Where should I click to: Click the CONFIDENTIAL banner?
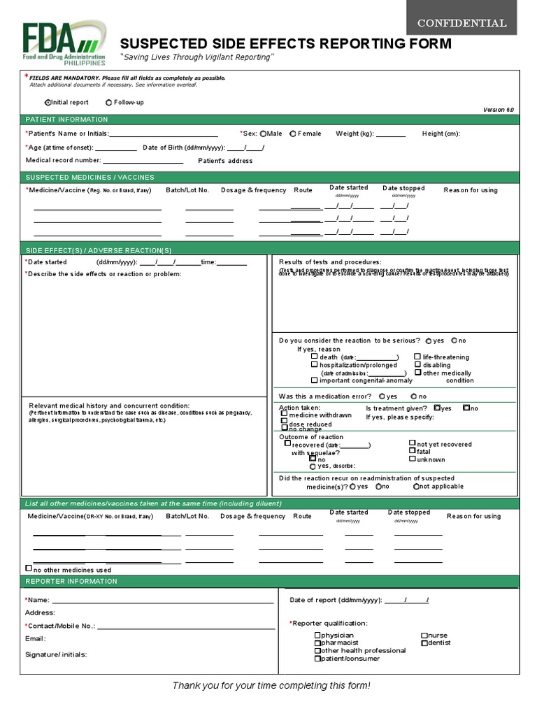tap(461, 23)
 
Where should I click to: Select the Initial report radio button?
tap(48, 103)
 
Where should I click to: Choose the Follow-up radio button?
tap(108, 103)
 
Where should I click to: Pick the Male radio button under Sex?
tap(263, 134)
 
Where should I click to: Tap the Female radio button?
tap(293, 134)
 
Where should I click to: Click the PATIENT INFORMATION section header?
tap(67, 120)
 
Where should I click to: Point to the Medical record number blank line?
tap(143, 162)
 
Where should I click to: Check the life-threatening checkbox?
tap(418, 357)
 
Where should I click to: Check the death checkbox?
tap(315, 357)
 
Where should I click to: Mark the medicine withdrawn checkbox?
tap(284, 415)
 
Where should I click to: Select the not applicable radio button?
tap(416, 487)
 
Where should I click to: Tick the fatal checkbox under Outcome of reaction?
tap(412, 451)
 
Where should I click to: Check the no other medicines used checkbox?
tap(29, 568)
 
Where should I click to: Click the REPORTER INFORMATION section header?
tap(72, 581)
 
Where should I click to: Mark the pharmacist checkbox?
tap(317, 643)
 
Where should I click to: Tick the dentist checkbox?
tap(424, 643)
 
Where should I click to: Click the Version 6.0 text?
tap(498, 110)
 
